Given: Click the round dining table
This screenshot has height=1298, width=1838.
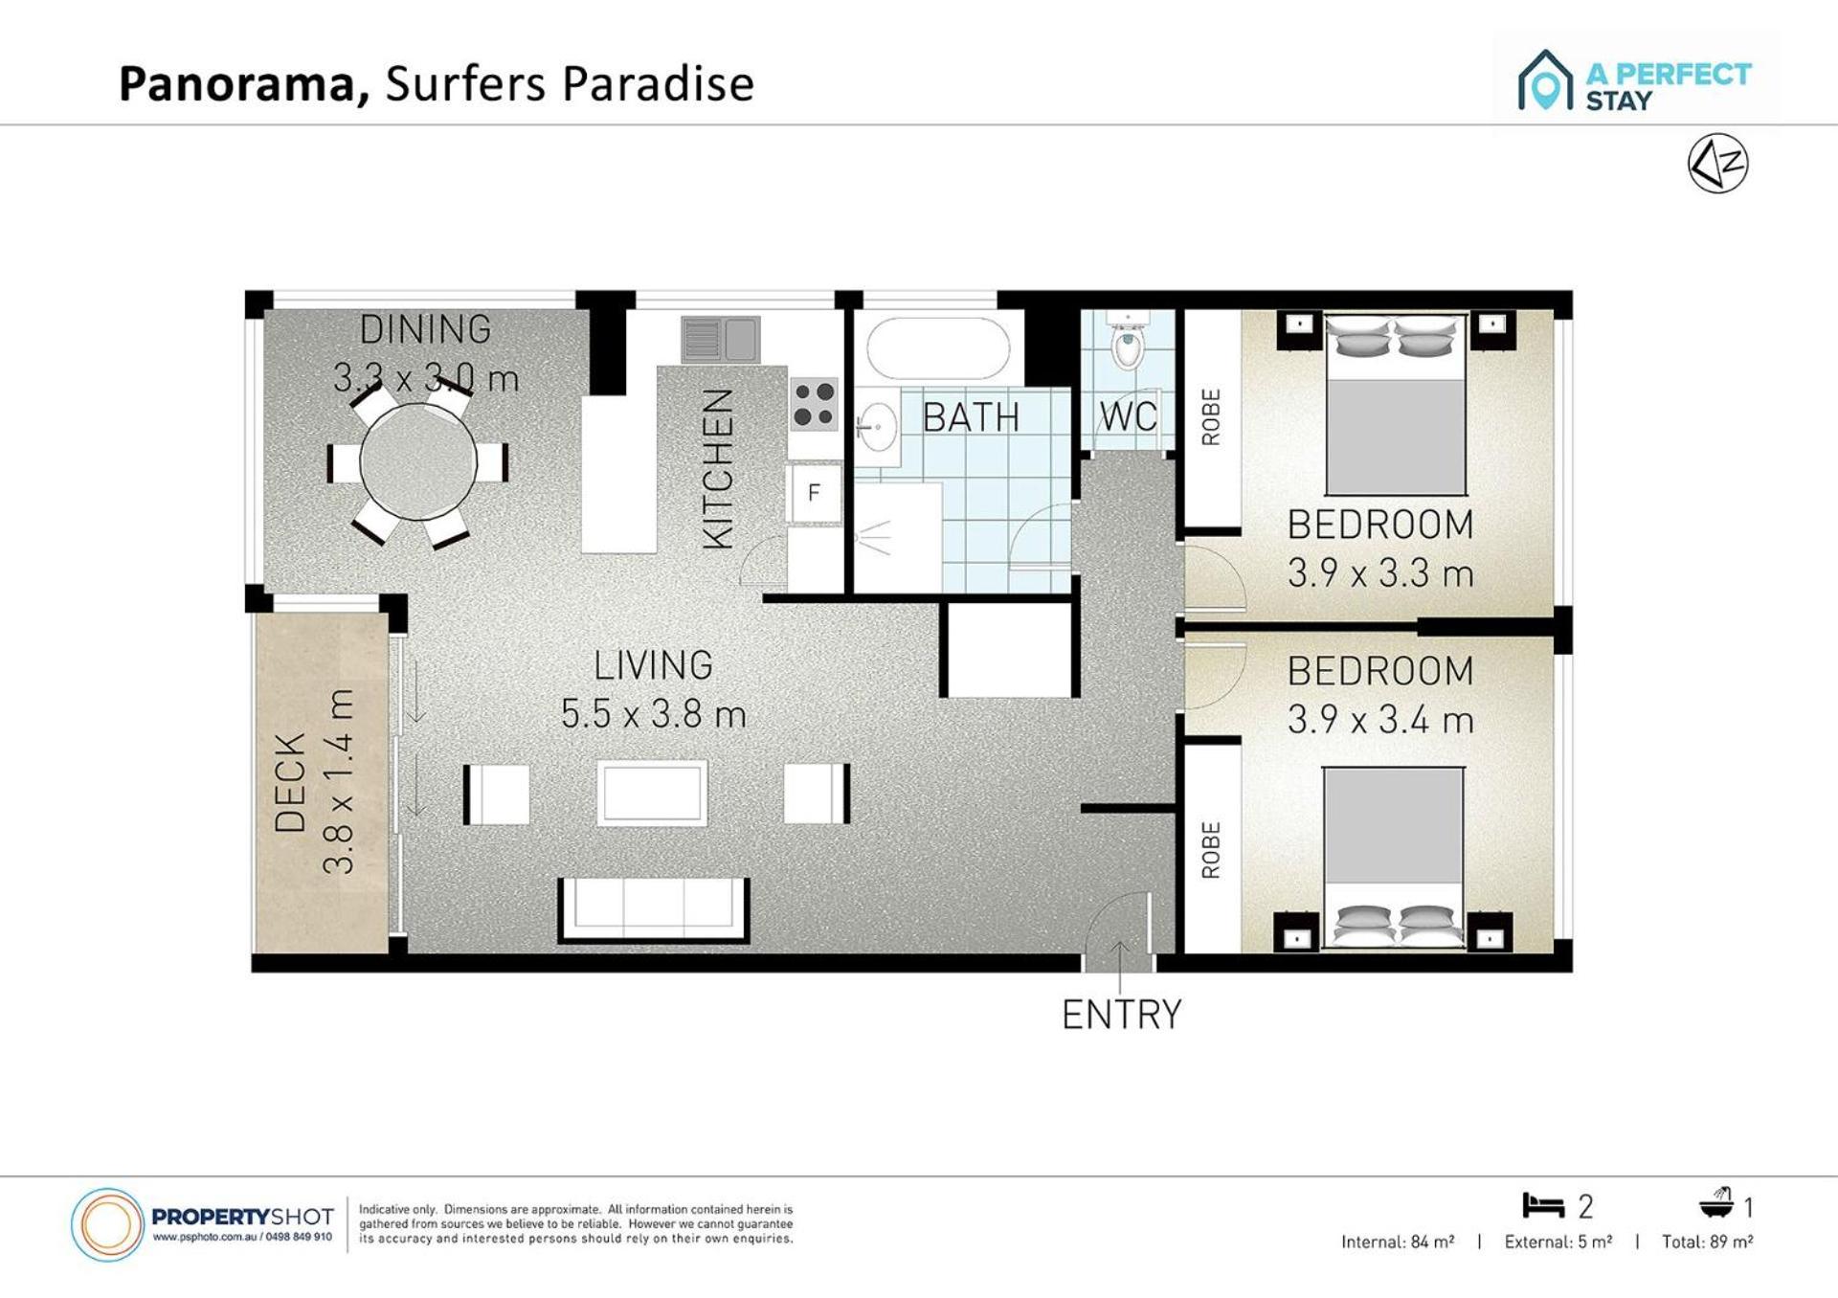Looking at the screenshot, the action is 418,462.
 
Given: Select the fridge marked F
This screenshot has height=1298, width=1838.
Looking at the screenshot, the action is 815,493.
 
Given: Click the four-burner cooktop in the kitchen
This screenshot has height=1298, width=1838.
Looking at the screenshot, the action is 814,404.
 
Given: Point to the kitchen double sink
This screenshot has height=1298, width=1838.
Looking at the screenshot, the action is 721,339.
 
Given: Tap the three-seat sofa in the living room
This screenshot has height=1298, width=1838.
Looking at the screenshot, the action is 654,910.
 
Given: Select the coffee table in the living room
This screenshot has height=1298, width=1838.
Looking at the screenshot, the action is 653,794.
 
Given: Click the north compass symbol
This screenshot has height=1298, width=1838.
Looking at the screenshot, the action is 1718,164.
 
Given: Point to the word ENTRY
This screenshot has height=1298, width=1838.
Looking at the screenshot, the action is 1122,1015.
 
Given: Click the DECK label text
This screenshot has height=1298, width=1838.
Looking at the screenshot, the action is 290,782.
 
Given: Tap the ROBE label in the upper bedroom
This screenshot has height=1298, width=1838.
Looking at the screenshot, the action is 1211,417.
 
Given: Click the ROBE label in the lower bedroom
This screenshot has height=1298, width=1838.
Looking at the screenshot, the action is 1211,850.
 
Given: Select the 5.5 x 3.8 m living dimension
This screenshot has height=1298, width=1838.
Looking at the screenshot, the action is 653,714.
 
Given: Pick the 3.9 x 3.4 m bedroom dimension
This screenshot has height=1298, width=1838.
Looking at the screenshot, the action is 1380,720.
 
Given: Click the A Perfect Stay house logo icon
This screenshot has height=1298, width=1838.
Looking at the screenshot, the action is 1545,80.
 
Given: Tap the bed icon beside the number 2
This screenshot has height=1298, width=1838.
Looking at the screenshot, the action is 1543,1205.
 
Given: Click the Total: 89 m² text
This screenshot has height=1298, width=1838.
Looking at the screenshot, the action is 1708,1242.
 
